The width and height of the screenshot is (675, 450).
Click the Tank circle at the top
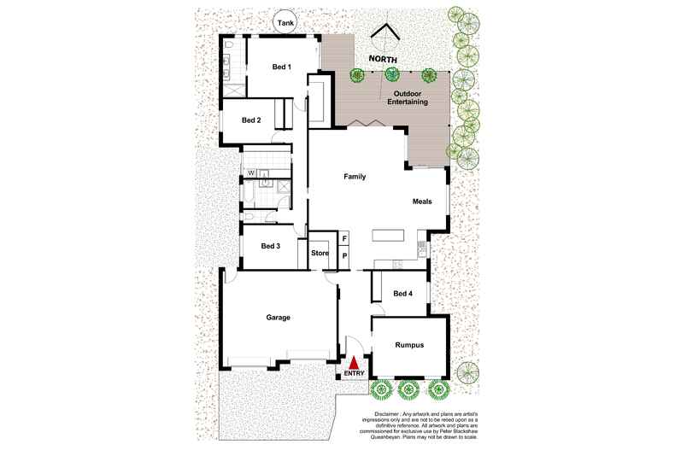pyautogui.click(x=286, y=23)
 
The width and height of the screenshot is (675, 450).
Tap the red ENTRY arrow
pyautogui.click(x=354, y=363)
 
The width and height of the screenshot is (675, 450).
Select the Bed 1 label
pyautogui.click(x=282, y=67)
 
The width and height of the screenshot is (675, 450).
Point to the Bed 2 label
pyautogui.click(x=251, y=120)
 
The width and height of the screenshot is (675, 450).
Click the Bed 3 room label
pyautogui.click(x=270, y=246)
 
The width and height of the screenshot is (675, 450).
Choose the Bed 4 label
pyautogui.click(x=403, y=294)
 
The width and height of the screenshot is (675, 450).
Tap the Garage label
pyautogui.click(x=278, y=318)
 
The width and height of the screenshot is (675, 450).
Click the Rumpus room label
pyautogui.click(x=409, y=345)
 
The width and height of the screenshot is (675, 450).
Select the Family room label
pyautogui.click(x=355, y=177)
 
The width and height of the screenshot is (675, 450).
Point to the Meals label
pyautogui.click(x=422, y=202)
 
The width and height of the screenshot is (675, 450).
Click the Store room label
pyautogui.click(x=320, y=254)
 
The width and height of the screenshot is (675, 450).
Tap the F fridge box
pyautogui.click(x=344, y=238)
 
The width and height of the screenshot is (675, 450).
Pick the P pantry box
pyautogui.click(x=344, y=256)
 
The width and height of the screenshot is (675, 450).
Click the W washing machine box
pyautogui.click(x=251, y=173)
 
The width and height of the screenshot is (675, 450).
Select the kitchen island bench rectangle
pyautogui.click(x=388, y=236)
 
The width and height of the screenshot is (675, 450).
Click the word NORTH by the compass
pyautogui.click(x=383, y=60)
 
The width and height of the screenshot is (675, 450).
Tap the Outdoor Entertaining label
pyautogui.click(x=408, y=97)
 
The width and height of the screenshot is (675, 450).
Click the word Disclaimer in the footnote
pyautogui.click(x=387, y=414)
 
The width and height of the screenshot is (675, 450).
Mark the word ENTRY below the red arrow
pyautogui.click(x=354, y=373)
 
